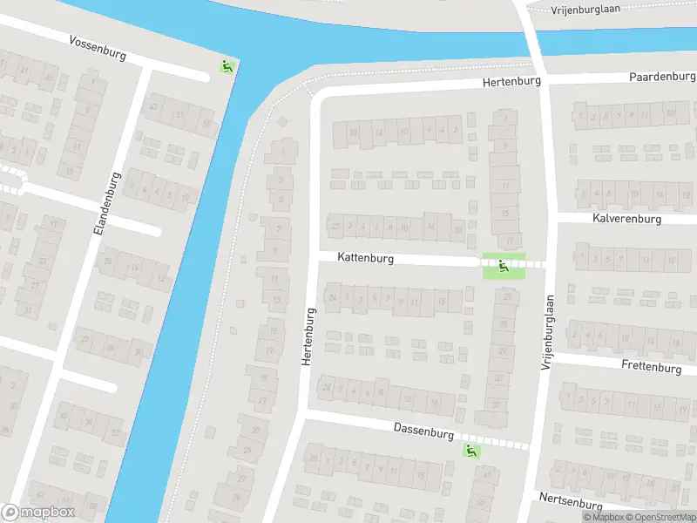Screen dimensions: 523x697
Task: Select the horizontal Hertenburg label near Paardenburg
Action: point(512,81)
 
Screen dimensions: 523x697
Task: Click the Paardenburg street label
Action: point(663,77)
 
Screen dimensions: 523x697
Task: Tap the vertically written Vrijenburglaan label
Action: point(547,330)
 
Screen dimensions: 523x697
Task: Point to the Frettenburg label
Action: point(652,368)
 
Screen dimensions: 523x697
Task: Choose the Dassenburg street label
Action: point(423,432)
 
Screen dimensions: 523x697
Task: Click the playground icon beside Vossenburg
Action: point(227,65)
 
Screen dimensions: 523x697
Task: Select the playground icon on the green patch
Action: point(504,266)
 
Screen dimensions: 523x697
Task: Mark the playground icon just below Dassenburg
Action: point(471,451)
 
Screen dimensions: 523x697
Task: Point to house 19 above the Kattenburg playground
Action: point(506,240)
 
